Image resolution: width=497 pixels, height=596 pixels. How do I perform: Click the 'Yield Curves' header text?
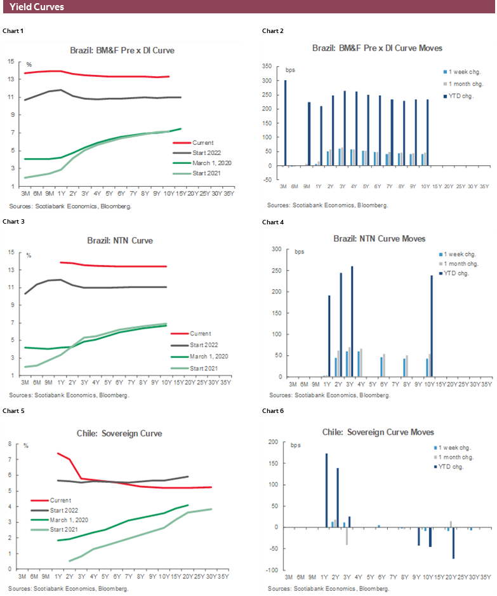37,7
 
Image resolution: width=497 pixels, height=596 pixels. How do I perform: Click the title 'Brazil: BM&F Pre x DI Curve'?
122,50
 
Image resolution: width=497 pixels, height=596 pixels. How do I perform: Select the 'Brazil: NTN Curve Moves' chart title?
379,239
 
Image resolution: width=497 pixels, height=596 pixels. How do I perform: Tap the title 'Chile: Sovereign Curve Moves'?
378,432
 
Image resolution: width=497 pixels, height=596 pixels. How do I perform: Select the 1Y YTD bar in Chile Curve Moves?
326,490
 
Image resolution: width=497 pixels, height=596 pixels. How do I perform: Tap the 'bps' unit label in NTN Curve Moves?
300,252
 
